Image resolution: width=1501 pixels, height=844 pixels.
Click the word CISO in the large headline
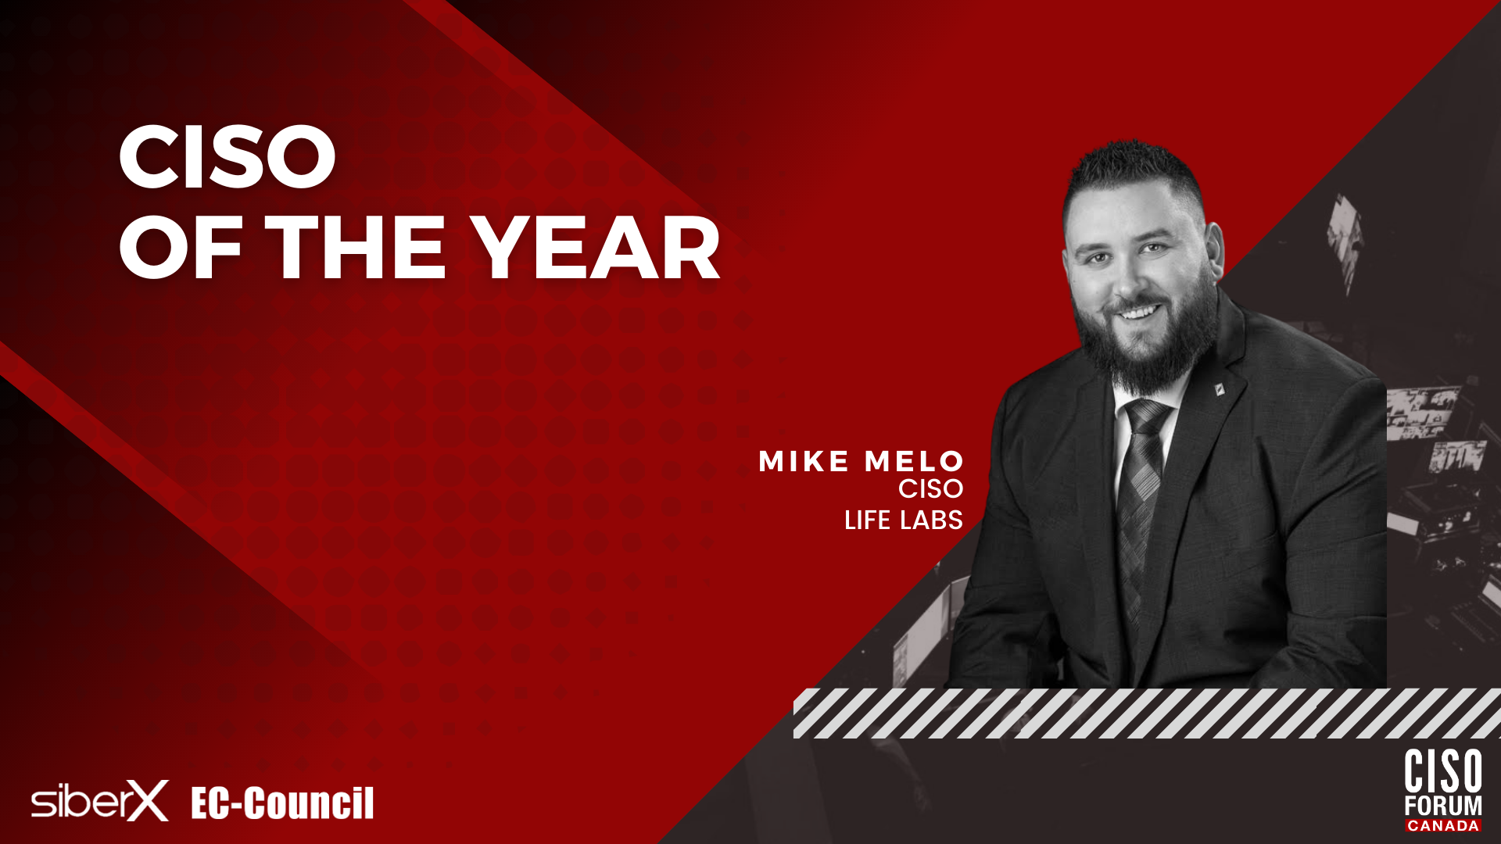tap(227, 156)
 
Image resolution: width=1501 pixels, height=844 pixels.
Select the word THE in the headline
tap(356, 249)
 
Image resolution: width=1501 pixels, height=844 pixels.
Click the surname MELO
tap(914, 462)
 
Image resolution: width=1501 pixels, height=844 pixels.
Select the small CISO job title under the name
tap(930, 489)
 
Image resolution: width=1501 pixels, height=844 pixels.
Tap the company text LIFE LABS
tap(904, 520)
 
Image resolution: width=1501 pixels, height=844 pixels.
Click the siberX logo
tap(100, 801)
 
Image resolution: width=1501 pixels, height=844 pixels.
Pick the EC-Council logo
tap(282, 803)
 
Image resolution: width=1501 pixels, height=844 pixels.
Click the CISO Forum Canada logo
tap(1443, 790)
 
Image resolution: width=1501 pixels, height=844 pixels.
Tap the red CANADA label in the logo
tap(1443, 825)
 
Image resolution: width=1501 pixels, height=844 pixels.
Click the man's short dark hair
tap(1134, 176)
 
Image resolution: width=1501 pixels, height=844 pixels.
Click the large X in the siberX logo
tap(148, 801)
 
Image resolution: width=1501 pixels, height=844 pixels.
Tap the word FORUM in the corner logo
tap(1443, 806)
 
